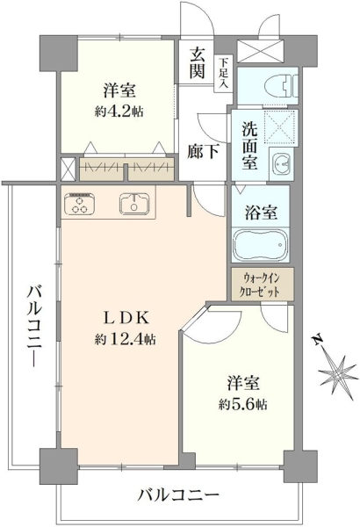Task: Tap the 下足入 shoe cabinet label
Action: (x=223, y=74)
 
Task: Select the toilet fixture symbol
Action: (x=281, y=86)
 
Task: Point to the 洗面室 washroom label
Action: (x=249, y=145)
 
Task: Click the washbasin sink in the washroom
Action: (x=282, y=163)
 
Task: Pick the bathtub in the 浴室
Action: (x=261, y=245)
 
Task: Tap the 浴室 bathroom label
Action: (x=261, y=212)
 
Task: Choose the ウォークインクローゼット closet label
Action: (x=263, y=285)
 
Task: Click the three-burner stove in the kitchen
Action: (x=80, y=204)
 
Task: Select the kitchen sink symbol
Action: (x=133, y=204)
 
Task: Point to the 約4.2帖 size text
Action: (x=119, y=111)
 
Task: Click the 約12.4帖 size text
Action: (x=125, y=339)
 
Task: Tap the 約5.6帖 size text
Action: (x=242, y=404)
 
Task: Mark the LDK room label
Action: (x=125, y=318)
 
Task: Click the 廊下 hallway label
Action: (x=203, y=151)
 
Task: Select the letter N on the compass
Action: (x=317, y=340)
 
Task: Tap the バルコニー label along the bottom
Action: (x=179, y=495)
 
